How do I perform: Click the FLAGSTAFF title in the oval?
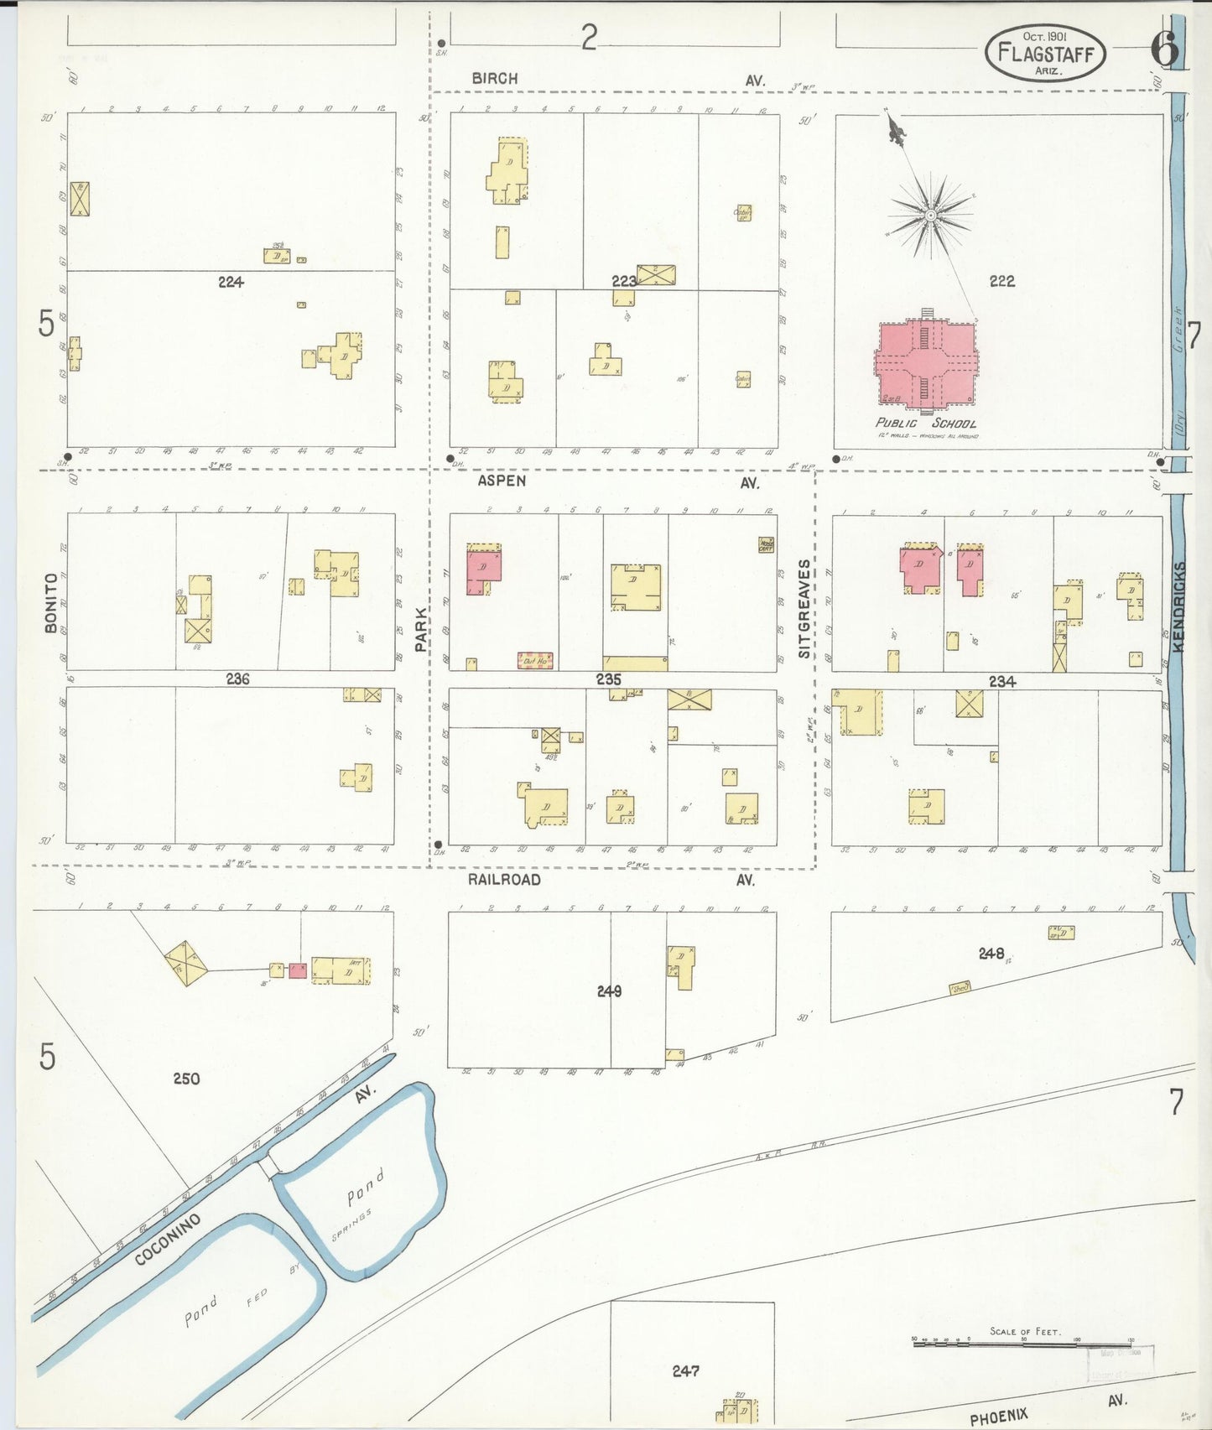click(1045, 52)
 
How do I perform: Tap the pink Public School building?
click(926, 362)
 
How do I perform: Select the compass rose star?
click(930, 216)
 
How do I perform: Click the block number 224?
click(231, 283)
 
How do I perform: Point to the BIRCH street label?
click(494, 78)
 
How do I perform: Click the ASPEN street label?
click(502, 481)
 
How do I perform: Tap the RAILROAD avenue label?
click(504, 879)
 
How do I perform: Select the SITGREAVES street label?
click(804, 608)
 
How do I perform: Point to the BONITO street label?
click(51, 602)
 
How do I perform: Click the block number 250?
click(186, 1078)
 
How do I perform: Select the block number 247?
click(685, 1370)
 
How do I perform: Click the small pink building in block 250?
click(298, 970)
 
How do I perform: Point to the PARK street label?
click(421, 631)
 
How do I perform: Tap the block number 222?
click(1001, 281)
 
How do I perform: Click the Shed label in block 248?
click(960, 988)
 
